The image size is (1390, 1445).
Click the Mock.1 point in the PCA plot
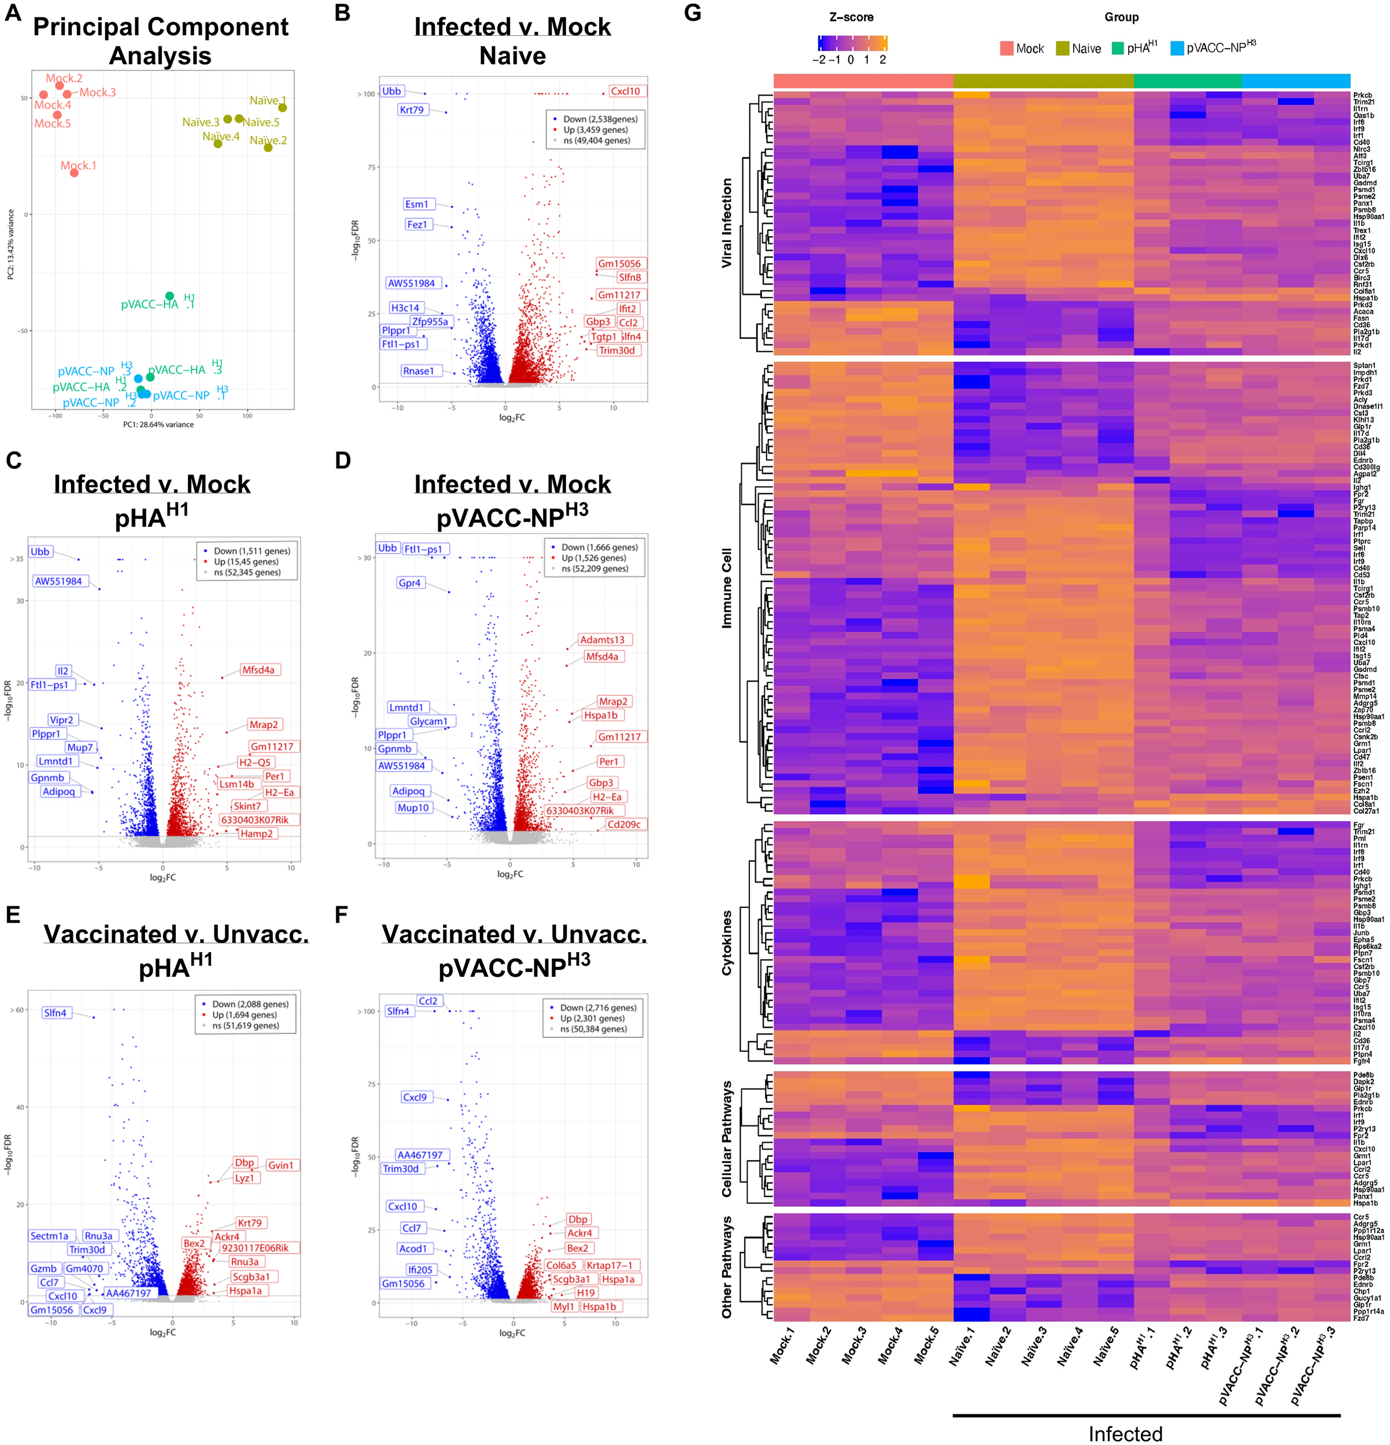pos(75,172)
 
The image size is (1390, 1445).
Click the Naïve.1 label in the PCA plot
pos(268,100)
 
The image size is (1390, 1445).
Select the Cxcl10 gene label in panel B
pos(625,91)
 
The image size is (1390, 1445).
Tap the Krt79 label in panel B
pos(412,110)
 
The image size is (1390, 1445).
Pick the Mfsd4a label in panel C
pos(258,669)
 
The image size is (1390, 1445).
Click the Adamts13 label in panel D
pos(602,639)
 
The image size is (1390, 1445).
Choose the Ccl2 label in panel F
pos(428,1001)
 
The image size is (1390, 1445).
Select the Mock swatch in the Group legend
pos(1007,49)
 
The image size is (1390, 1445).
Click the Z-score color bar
pos(852,43)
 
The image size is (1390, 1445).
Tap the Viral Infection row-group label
pos(727,223)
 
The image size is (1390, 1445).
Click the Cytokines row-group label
pos(727,942)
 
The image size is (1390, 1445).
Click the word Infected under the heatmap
pos(1125,1433)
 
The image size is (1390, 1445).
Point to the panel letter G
pos(693,13)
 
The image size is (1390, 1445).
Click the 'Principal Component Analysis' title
pos(161,40)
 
